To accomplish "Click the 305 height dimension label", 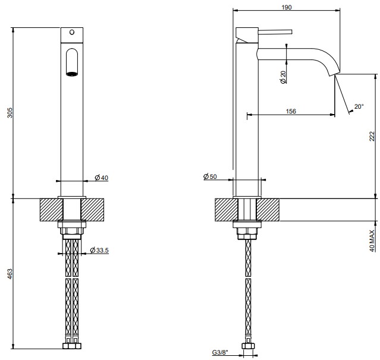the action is [x=10, y=113].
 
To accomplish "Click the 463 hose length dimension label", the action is [x=10, y=274].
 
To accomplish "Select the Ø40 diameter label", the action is [x=102, y=178].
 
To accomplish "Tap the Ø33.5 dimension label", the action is [x=99, y=250].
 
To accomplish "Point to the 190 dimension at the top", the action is [x=287, y=7].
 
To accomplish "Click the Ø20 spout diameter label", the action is [x=283, y=77].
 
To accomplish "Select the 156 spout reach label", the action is [x=291, y=111].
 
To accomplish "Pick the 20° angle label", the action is [x=359, y=106].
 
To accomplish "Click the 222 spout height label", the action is [x=372, y=136].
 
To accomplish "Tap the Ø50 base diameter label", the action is [x=210, y=176].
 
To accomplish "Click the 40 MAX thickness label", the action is [x=372, y=241].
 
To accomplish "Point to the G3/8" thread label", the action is [x=220, y=352].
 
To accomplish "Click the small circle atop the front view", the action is [x=72, y=32].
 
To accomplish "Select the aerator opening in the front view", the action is [x=72, y=74].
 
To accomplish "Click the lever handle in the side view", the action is [x=275, y=32].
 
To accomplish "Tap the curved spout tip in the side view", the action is [x=334, y=72].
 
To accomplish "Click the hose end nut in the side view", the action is [x=248, y=346].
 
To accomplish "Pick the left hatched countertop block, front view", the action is [x=52, y=210].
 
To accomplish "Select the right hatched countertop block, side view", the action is [x=268, y=210].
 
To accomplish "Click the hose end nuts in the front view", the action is [x=72, y=346].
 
